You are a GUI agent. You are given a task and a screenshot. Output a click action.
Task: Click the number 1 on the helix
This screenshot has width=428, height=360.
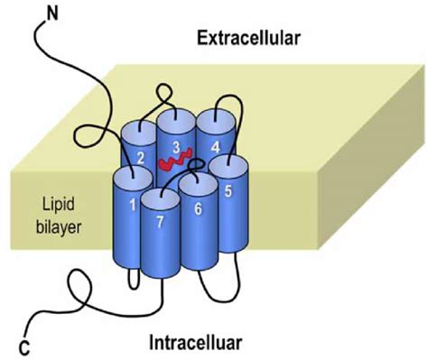click(133, 206)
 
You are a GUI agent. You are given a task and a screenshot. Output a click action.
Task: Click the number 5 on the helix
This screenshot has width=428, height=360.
click(228, 191)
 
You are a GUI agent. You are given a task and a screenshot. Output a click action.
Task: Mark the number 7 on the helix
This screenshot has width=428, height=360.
click(158, 221)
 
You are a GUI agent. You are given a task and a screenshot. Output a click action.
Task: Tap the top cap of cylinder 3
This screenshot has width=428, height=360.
click(174, 118)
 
